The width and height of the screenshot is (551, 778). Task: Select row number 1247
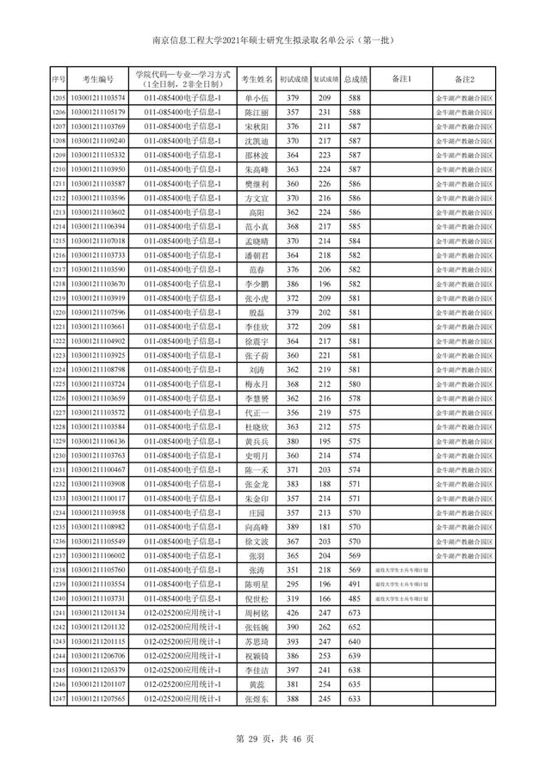coord(59,699)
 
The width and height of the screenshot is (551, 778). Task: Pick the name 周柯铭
coord(257,613)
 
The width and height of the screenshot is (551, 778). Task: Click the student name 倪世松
coord(257,598)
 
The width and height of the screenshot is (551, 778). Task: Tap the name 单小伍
coord(257,97)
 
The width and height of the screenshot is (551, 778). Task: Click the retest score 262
coord(325,628)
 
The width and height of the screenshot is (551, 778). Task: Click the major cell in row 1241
coord(183,613)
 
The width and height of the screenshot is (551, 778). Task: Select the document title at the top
coord(275,40)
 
